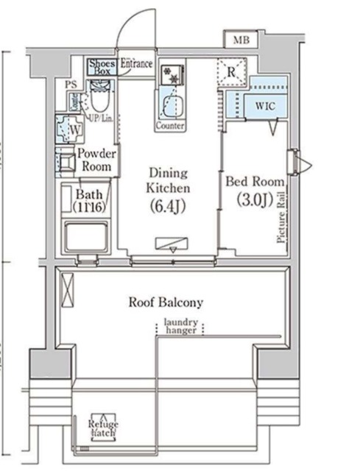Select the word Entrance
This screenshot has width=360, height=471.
click(x=136, y=64)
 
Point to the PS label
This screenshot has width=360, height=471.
click(x=71, y=85)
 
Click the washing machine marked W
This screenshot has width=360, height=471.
click(x=74, y=130)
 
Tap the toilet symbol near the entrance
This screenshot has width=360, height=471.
click(x=99, y=96)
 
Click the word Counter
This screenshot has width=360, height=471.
click(x=170, y=126)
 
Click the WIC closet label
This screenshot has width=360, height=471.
click(x=265, y=105)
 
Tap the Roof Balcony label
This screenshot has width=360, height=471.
click(x=166, y=302)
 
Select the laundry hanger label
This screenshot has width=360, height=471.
click(x=181, y=326)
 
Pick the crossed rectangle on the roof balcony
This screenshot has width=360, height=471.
click(x=68, y=288)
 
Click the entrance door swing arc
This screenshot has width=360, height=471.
click(x=133, y=33)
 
